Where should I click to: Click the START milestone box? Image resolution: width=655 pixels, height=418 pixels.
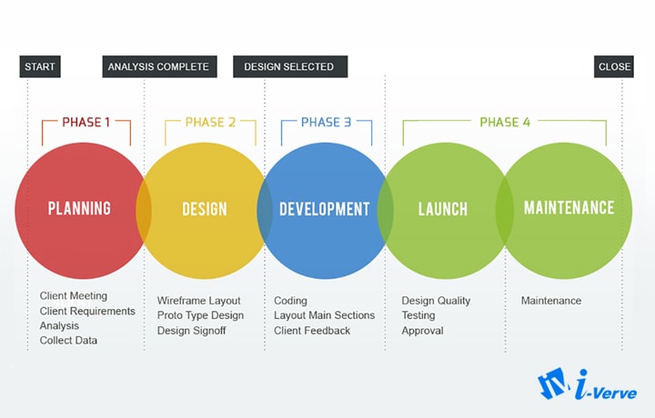click(x=40, y=66)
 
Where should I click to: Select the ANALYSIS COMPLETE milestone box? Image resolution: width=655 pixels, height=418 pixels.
click(x=159, y=66)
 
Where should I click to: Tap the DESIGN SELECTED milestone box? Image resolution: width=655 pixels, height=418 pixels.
click(x=290, y=66)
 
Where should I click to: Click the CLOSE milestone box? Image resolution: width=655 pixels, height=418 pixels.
click(x=614, y=66)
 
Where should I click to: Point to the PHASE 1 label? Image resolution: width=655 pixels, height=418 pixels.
click(x=86, y=123)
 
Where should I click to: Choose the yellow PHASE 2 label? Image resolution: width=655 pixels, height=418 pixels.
click(x=210, y=123)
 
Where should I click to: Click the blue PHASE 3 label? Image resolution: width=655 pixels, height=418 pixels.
click(x=327, y=123)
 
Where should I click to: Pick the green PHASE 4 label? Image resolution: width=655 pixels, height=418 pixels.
click(x=505, y=123)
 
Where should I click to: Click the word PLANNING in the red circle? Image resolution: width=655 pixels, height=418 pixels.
click(x=79, y=209)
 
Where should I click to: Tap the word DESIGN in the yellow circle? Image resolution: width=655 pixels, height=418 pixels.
click(x=205, y=209)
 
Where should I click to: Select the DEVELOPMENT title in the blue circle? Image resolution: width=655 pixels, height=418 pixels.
click(x=325, y=209)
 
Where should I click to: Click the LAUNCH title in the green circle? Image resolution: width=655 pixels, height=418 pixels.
click(x=443, y=209)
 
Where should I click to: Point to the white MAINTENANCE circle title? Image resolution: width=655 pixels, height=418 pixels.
click(x=569, y=208)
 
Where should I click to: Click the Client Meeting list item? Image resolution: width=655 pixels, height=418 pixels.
click(x=74, y=295)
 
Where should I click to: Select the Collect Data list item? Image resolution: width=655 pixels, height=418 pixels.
click(x=68, y=341)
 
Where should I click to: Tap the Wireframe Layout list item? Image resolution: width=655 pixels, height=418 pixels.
click(x=199, y=301)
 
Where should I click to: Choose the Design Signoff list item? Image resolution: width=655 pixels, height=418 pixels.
click(x=191, y=331)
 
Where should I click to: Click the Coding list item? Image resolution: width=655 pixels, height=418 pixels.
click(x=290, y=301)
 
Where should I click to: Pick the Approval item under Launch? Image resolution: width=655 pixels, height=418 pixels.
click(x=422, y=331)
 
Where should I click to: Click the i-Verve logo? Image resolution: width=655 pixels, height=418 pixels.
click(x=587, y=384)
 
